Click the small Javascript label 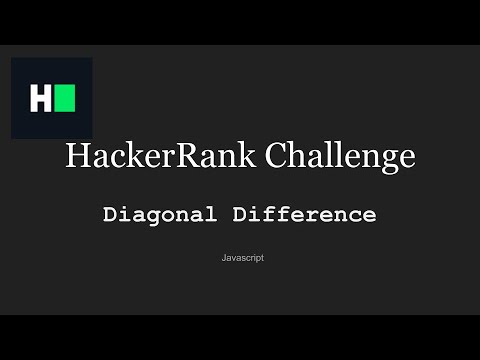coord(242,258)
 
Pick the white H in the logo coord(40,99)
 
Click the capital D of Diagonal coord(109,214)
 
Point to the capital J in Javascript coord(224,258)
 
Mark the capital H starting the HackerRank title coord(75,157)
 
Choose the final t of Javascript coord(262,258)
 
